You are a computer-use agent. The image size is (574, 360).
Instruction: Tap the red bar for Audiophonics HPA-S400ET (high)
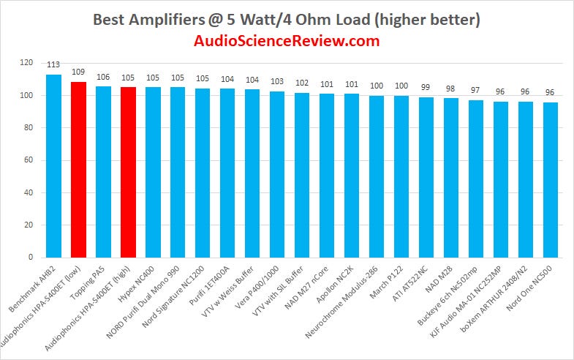[x=128, y=173]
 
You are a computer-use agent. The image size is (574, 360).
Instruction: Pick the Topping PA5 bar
[x=103, y=172]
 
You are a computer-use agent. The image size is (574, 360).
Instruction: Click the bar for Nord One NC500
[x=551, y=180]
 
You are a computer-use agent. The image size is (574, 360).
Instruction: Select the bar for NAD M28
[x=451, y=178]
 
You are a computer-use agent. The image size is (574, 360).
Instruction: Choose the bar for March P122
[x=401, y=176]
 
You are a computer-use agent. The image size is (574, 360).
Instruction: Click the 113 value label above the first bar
[x=53, y=65]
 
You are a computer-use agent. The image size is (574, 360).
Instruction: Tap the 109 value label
[x=78, y=72]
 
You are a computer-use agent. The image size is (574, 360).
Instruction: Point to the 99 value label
[x=426, y=87]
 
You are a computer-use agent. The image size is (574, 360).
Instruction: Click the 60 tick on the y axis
[x=29, y=160]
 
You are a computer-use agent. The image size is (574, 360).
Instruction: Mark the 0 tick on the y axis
[x=31, y=258]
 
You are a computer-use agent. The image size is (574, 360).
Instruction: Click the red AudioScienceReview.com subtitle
[x=287, y=41]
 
